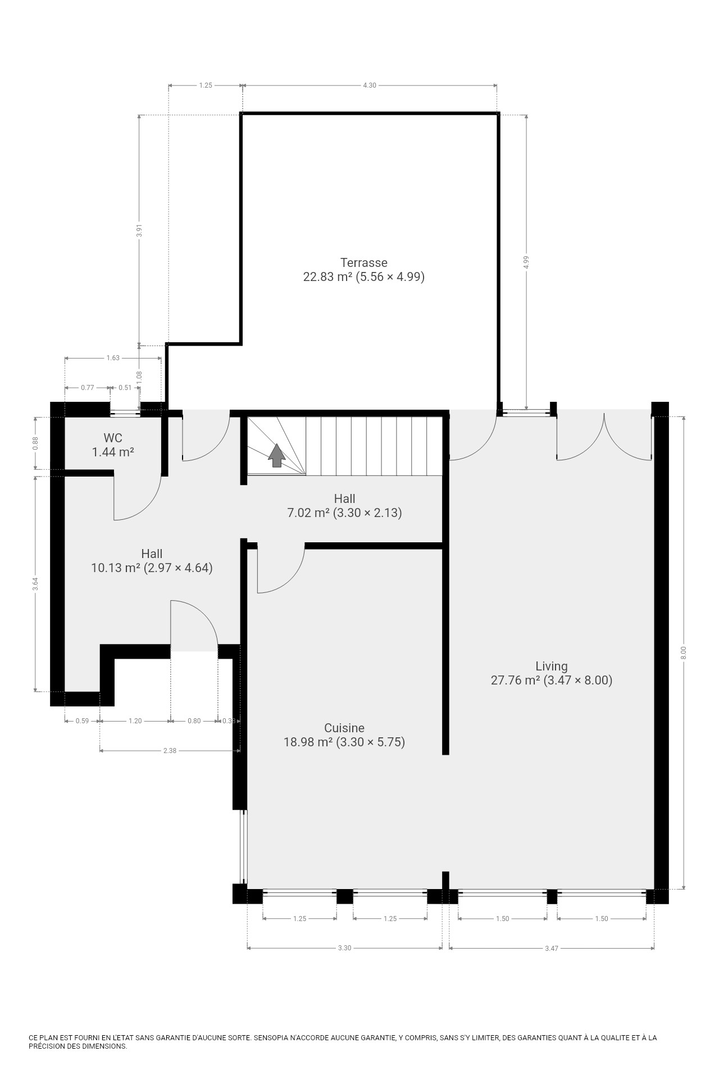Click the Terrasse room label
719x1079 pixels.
pos(364,262)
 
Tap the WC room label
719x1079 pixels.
pos(113,438)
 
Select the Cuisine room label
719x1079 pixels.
pos(344,728)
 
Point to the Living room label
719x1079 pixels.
pos(552,666)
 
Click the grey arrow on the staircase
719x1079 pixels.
pos(276,455)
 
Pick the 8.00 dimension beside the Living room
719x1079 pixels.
pos(684,652)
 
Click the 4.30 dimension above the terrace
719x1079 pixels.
pos(370,85)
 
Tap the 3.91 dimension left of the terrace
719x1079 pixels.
pos(139,230)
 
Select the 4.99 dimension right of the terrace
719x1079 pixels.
pos(526,262)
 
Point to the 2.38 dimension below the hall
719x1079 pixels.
pos(170,750)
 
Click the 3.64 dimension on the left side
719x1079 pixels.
pos(35,584)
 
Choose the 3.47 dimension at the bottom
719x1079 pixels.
pos(552,948)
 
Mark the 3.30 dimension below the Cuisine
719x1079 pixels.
pos(344,948)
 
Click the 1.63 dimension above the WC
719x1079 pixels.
pos(113,358)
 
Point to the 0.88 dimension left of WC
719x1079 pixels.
pos(35,443)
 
